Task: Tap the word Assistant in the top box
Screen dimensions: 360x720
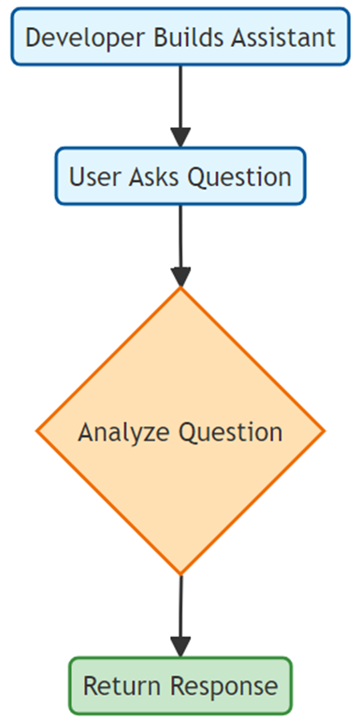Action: click(x=283, y=37)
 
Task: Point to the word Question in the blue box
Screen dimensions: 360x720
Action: click(x=240, y=178)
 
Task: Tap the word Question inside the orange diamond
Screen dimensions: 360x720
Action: click(x=231, y=433)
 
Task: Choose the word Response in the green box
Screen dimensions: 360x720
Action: click(x=224, y=687)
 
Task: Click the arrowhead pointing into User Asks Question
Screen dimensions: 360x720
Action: click(x=180, y=137)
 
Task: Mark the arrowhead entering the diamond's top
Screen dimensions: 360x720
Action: click(x=180, y=277)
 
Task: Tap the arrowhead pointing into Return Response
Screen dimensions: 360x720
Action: click(x=180, y=647)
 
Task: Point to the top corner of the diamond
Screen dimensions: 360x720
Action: click(x=180, y=287)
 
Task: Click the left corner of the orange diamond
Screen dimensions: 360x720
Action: click(x=36, y=431)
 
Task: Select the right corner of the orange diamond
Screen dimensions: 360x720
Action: click(x=324, y=431)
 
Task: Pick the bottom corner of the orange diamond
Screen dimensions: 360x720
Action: click(x=180, y=574)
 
